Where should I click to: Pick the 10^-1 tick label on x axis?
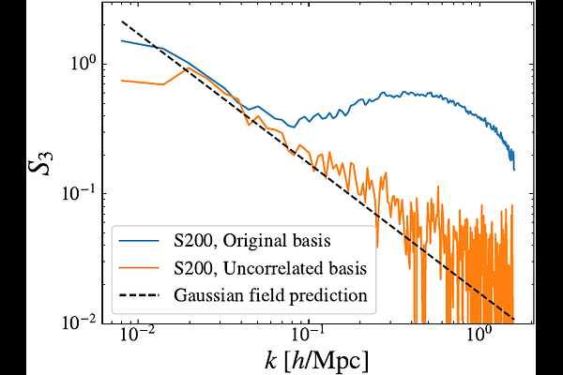(x=309, y=336)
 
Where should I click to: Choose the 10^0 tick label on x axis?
(x=479, y=336)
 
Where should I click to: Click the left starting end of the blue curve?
(x=122, y=40)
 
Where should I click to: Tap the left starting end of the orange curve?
(x=122, y=81)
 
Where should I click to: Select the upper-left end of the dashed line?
(x=122, y=21)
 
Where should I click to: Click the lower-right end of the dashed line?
(x=515, y=317)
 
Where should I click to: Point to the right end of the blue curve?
(x=514, y=170)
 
